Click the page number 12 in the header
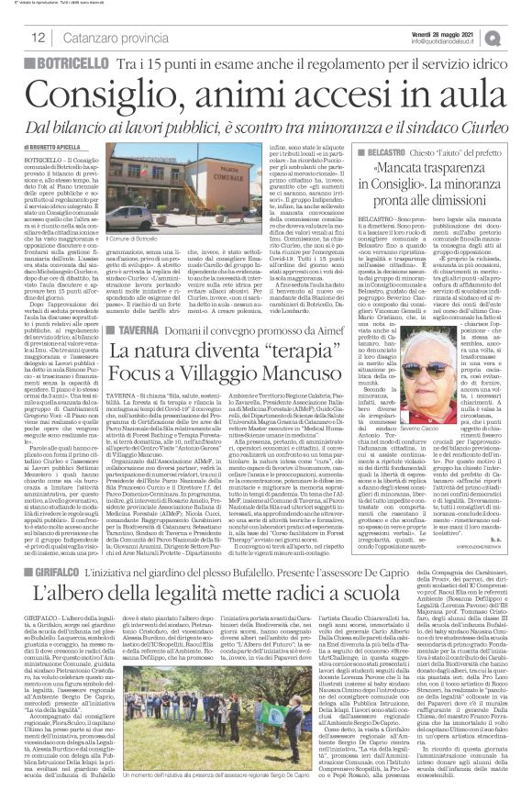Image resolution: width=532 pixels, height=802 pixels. click(16, 38)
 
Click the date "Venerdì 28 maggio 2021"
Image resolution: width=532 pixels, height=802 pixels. click(467, 31)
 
